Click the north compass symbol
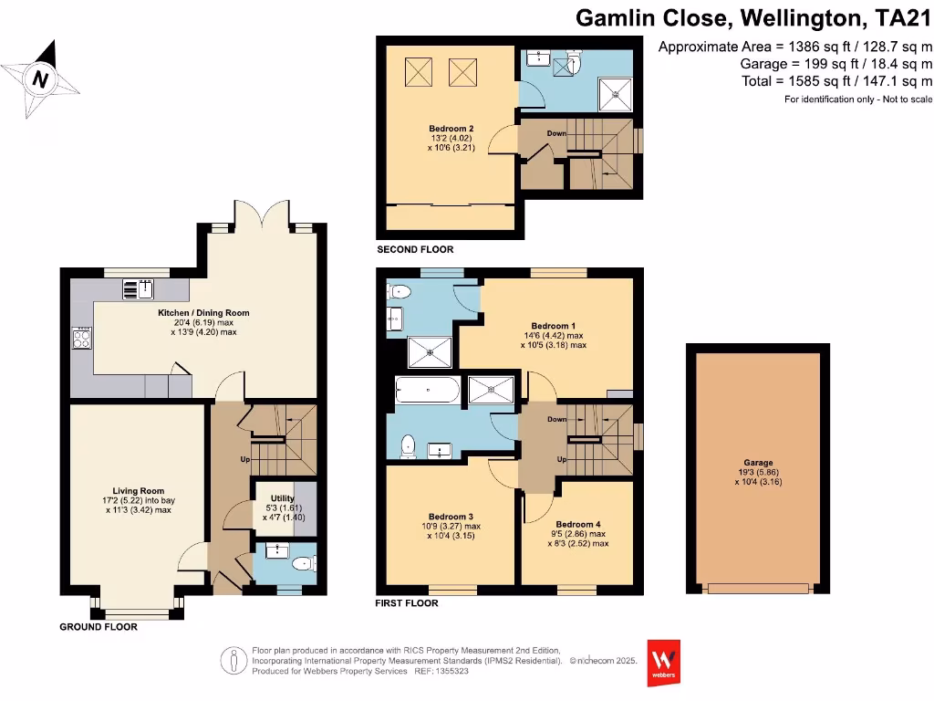[40, 78]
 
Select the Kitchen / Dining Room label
[203, 313]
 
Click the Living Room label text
[139, 491]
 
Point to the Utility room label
[282, 499]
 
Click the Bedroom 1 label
[553, 326]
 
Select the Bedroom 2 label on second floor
[451, 129]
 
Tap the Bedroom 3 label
[447, 517]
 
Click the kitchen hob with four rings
[81, 340]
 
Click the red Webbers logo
[664, 658]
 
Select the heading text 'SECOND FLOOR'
[415, 249]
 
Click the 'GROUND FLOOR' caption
[99, 627]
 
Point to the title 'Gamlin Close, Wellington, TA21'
[754, 17]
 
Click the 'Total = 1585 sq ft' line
[836, 80]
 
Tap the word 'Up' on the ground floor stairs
[244, 459]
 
